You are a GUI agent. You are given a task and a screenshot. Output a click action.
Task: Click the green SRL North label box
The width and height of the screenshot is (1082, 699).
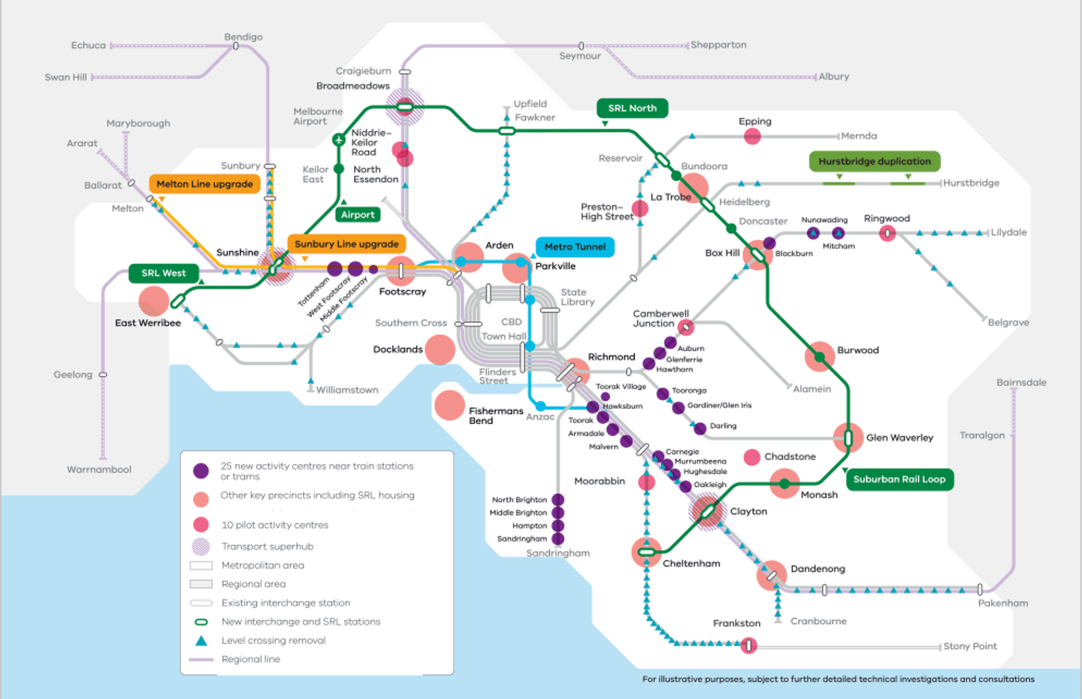pos(632,108)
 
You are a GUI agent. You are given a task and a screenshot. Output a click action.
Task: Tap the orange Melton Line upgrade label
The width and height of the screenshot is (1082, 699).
pos(204,184)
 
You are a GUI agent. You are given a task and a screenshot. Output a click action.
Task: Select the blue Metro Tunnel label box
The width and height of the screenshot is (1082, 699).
pos(575,247)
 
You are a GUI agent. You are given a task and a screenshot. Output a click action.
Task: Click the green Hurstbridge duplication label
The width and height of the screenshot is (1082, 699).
pos(874,162)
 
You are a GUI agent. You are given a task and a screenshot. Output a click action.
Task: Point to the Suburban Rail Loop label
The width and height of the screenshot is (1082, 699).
pos(899,480)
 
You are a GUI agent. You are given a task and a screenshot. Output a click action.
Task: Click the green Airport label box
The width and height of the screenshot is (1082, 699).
pos(358,215)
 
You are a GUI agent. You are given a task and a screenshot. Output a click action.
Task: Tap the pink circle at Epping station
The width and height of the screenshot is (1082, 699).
pos(752,136)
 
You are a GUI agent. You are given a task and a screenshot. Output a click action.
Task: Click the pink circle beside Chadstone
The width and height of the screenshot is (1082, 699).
pos(751,457)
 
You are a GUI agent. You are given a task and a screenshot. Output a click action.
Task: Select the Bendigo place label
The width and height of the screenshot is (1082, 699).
pos(243,37)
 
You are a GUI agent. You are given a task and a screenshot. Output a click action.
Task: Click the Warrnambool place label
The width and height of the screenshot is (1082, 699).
pos(99,470)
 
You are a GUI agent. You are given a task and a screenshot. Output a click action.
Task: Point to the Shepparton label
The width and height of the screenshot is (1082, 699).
pos(718,45)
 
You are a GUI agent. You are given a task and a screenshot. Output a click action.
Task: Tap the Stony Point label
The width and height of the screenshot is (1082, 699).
pos(970,646)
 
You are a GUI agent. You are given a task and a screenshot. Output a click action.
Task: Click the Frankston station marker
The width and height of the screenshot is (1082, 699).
pos(748,646)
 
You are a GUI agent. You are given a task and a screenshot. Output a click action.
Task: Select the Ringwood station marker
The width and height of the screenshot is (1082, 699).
pos(887,233)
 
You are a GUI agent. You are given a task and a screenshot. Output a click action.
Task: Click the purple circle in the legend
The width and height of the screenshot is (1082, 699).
pos(201,471)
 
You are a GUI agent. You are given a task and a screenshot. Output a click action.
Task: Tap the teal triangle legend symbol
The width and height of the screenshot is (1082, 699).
pos(201,641)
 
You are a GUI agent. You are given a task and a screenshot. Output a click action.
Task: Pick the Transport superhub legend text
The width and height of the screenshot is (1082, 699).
pos(267,546)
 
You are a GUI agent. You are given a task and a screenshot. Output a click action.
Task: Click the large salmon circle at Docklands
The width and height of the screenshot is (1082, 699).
pos(440,349)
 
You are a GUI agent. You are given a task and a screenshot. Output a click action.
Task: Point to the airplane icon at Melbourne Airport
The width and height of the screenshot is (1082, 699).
pos(339,140)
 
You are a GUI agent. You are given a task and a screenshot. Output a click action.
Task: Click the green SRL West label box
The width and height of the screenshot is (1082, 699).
pos(163,274)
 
